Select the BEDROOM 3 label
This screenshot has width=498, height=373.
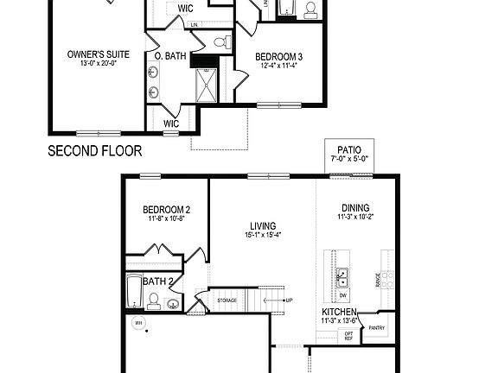point(279,59)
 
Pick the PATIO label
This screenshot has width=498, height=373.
point(349,149)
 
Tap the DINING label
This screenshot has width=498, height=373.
point(355,207)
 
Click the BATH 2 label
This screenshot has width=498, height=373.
point(159,281)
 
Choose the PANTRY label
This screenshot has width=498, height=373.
point(377,328)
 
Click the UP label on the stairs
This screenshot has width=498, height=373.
point(291,300)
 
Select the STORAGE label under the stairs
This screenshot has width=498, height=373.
point(227,300)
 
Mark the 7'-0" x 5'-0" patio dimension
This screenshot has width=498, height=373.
point(349,159)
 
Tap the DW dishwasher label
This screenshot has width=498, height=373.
point(343,295)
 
